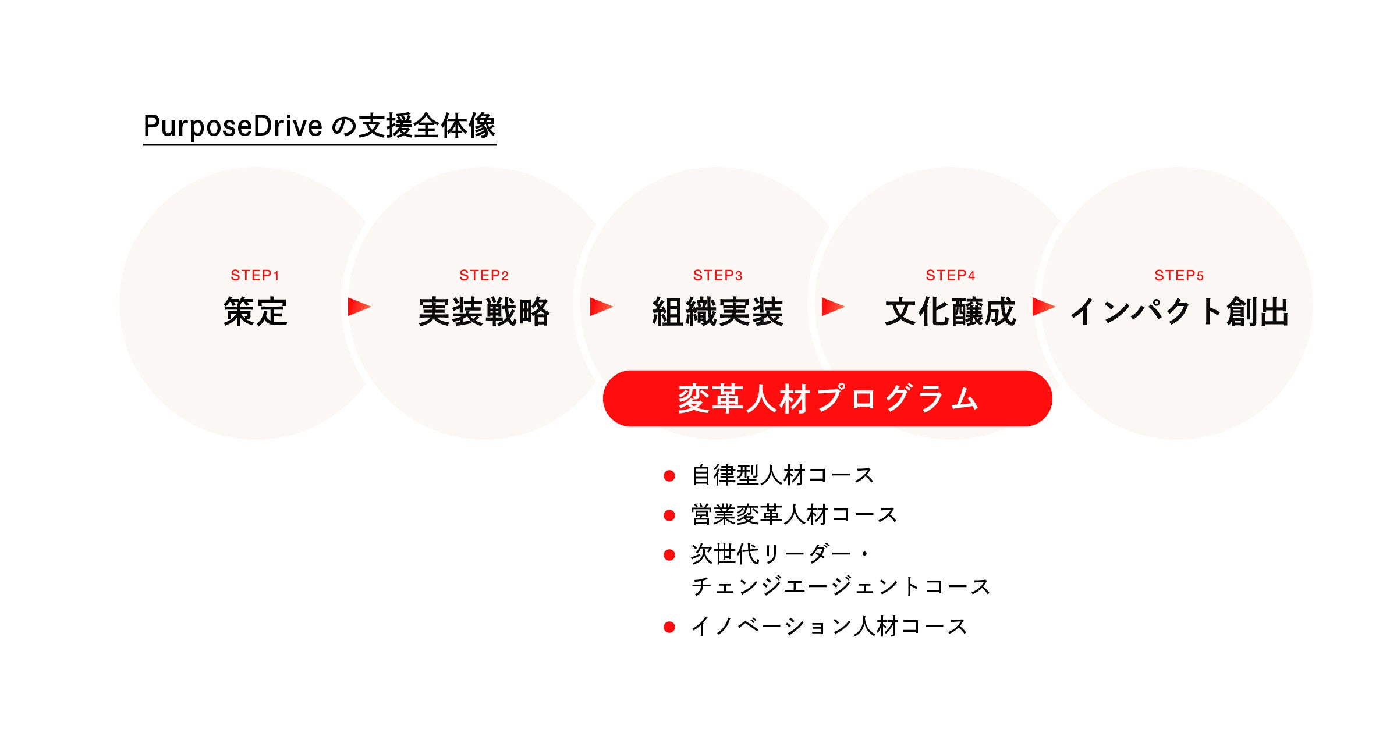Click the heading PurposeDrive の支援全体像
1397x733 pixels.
319,126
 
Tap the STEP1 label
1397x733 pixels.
255,275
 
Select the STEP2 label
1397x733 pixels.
484,275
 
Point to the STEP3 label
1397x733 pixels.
718,275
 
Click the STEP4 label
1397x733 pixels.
951,275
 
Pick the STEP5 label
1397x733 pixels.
1179,275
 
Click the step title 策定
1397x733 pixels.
255,312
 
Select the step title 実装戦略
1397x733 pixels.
484,312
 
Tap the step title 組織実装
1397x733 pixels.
718,312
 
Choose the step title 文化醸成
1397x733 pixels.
951,312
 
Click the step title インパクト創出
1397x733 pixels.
1179,312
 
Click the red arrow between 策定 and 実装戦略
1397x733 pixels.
359,307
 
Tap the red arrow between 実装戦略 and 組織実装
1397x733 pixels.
601,307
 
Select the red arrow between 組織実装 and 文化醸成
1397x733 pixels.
832,307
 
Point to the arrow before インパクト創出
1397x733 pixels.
1043,307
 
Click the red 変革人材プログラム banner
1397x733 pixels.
827,399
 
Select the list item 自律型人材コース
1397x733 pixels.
782,475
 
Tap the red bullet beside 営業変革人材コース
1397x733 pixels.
669,515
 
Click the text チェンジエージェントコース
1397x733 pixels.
841,586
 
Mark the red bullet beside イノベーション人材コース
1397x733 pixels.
669,627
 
